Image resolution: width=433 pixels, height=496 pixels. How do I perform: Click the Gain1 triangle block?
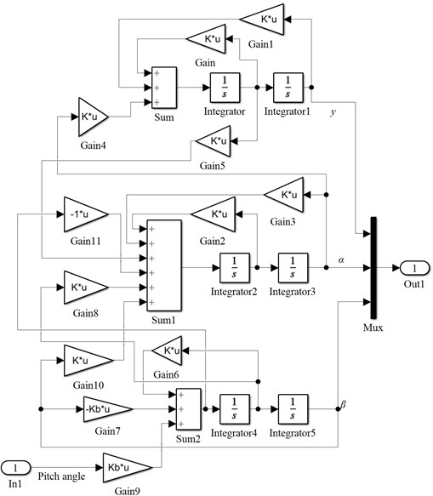266,17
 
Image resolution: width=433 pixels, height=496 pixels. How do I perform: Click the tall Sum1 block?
163,265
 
